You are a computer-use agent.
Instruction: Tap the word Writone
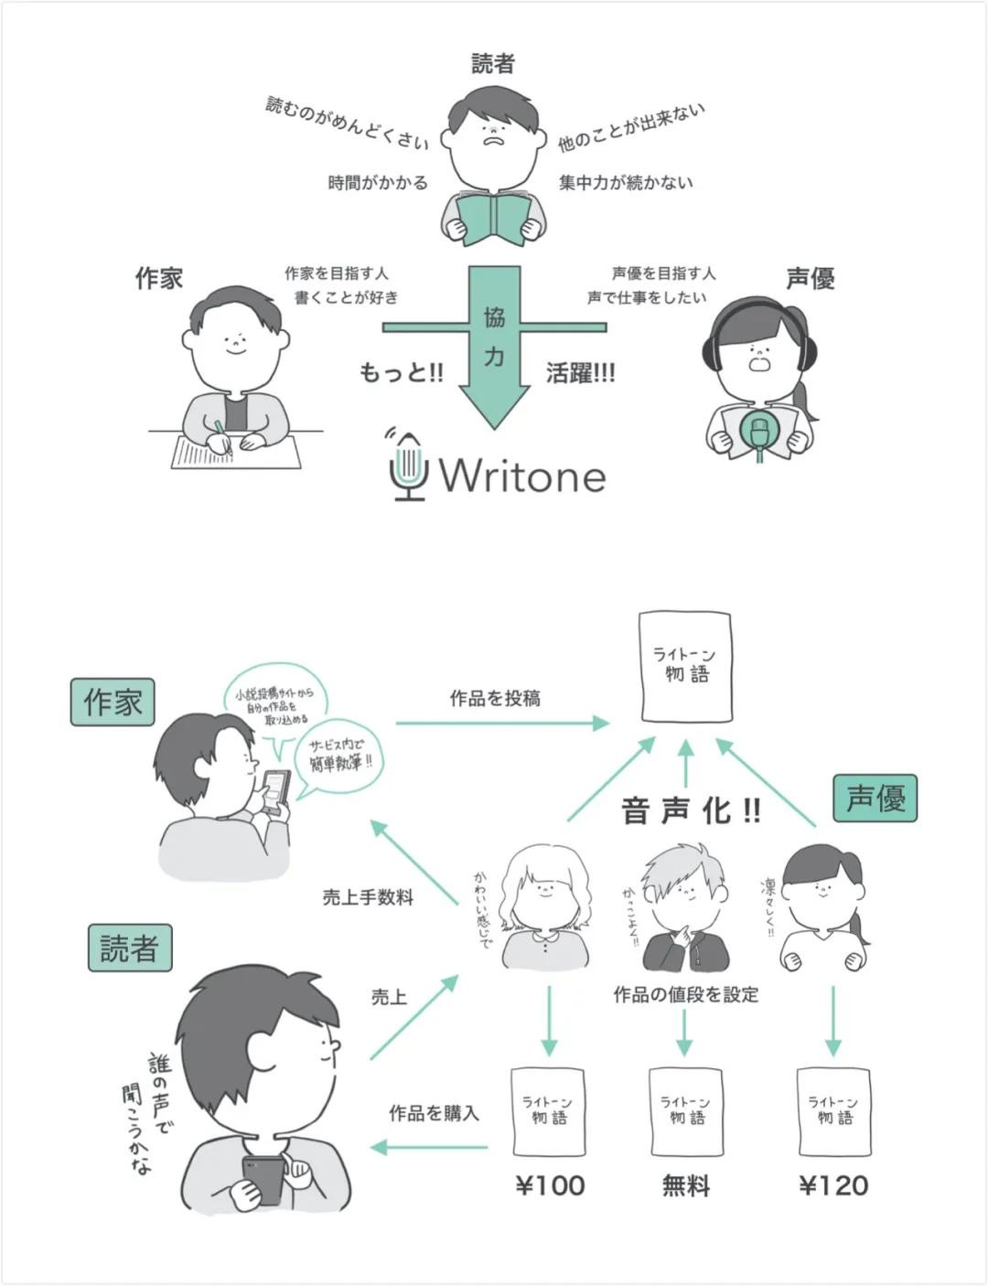coord(522,477)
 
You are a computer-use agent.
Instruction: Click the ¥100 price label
coord(550,1186)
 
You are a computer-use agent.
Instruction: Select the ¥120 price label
coord(833,1186)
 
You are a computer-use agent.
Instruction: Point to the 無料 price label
coord(685,1186)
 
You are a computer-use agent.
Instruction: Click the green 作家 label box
coord(113,702)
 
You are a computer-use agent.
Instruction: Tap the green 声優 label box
coord(875,798)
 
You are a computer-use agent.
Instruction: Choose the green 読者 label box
coord(129,948)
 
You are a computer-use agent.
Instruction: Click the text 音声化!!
coord(691,810)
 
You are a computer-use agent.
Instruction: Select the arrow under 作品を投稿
coord(502,723)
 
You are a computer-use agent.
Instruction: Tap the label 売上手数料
coord(368,898)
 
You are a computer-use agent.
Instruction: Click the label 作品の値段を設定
coord(685,994)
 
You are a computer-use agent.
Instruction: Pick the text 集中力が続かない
coord(626,184)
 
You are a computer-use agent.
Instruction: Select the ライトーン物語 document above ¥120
coord(833,1111)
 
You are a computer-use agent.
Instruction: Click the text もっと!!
coord(401,373)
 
